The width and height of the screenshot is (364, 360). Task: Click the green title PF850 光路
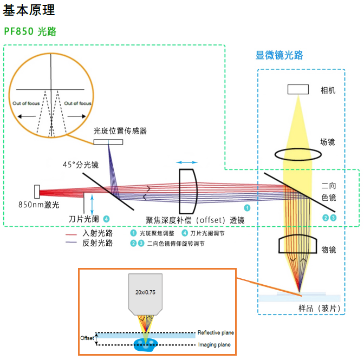click(x=30, y=31)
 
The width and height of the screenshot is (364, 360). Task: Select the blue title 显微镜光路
click(x=279, y=55)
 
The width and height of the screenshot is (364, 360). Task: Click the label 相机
click(x=328, y=90)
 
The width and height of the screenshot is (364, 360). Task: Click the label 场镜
click(x=328, y=142)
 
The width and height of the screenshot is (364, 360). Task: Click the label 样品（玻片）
click(x=320, y=308)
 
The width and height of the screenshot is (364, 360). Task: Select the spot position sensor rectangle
click(x=108, y=142)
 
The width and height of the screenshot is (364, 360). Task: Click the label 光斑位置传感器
click(x=120, y=131)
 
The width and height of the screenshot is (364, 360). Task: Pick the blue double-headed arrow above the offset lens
click(x=187, y=162)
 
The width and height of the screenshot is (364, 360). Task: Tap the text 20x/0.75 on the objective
click(x=145, y=292)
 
